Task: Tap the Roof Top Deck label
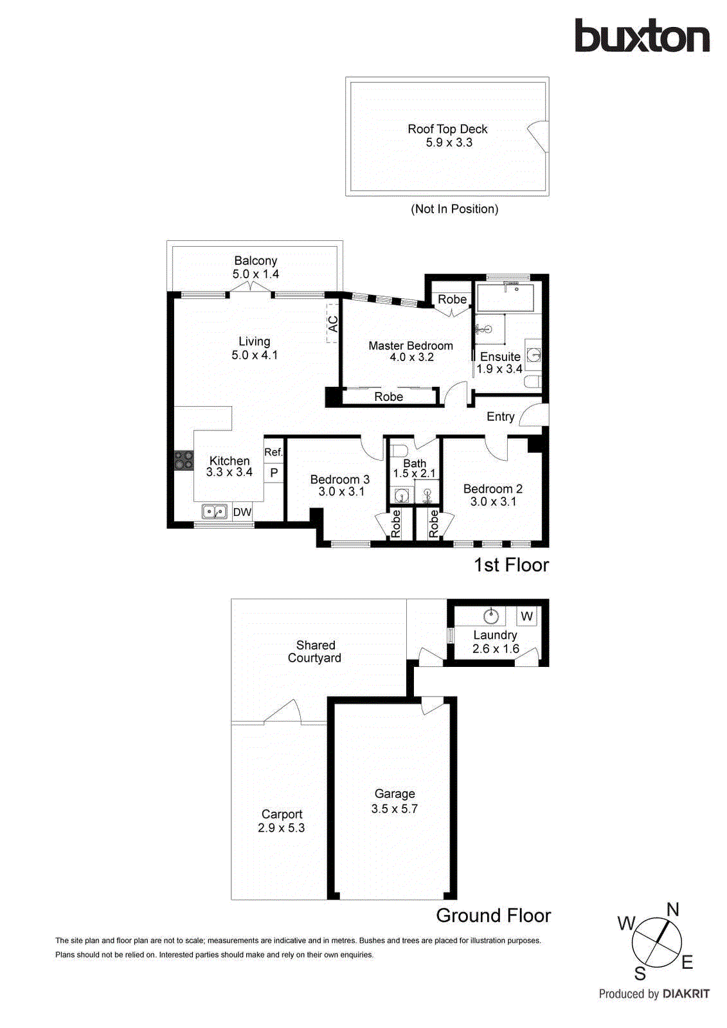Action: point(447,129)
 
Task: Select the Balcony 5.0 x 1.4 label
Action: point(255,267)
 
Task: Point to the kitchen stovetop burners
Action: point(184,460)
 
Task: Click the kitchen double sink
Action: point(215,511)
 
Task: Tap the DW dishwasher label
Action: point(242,512)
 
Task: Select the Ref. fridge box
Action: point(273,452)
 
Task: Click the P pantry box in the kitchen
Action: point(274,473)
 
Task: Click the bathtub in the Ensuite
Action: point(505,297)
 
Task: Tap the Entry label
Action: point(500,416)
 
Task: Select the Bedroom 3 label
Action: point(339,479)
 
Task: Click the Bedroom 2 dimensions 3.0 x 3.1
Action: point(493,502)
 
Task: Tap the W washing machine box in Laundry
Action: point(526,616)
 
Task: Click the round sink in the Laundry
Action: point(491,616)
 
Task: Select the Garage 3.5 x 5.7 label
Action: point(395,801)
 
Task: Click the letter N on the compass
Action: point(672,909)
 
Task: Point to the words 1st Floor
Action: point(511,565)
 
